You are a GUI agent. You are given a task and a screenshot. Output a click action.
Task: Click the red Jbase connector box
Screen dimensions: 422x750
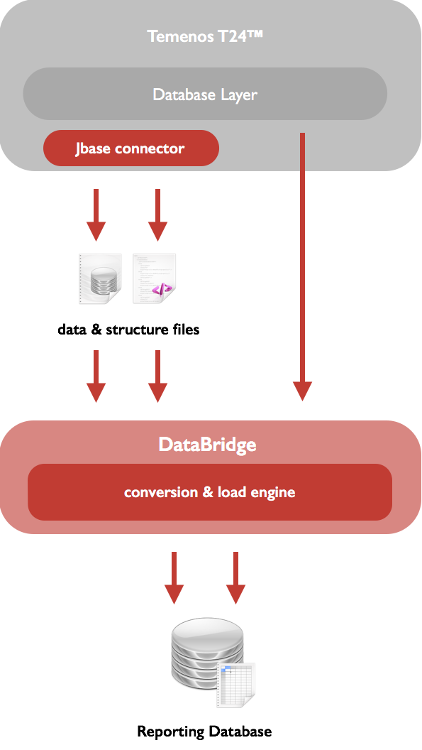point(131,148)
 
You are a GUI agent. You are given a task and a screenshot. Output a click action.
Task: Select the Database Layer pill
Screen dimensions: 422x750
point(205,94)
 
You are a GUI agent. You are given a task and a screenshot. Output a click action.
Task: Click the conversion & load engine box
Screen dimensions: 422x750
point(210,492)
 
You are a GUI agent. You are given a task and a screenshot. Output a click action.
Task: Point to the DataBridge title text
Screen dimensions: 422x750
point(207,445)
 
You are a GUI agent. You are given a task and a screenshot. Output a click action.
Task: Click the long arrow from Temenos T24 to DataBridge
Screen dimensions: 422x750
point(302,267)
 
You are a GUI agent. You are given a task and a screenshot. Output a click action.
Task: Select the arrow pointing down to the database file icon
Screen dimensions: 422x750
point(96,214)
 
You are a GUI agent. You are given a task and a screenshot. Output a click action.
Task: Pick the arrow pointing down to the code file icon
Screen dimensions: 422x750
point(157,214)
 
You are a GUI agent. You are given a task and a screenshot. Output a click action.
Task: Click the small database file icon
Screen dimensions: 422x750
point(100,279)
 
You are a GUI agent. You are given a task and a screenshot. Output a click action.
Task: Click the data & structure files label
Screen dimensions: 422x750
point(128,330)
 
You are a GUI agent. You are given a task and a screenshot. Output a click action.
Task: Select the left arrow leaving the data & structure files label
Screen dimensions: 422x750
point(96,376)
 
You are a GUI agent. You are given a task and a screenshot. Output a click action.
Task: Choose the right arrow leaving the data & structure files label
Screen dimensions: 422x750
point(157,376)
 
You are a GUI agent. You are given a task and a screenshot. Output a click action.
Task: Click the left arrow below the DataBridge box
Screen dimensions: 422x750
point(174,578)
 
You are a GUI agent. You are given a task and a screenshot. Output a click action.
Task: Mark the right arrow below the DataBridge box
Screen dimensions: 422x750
point(235,578)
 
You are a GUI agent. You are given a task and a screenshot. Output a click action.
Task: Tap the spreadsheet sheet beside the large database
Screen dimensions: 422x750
point(236,685)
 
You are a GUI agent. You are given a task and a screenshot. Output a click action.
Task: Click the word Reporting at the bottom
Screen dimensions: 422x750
point(171,732)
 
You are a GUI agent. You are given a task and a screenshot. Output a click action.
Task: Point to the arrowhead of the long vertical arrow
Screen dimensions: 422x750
point(302,391)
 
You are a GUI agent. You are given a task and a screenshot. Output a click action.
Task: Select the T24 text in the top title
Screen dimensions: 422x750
point(236,36)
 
